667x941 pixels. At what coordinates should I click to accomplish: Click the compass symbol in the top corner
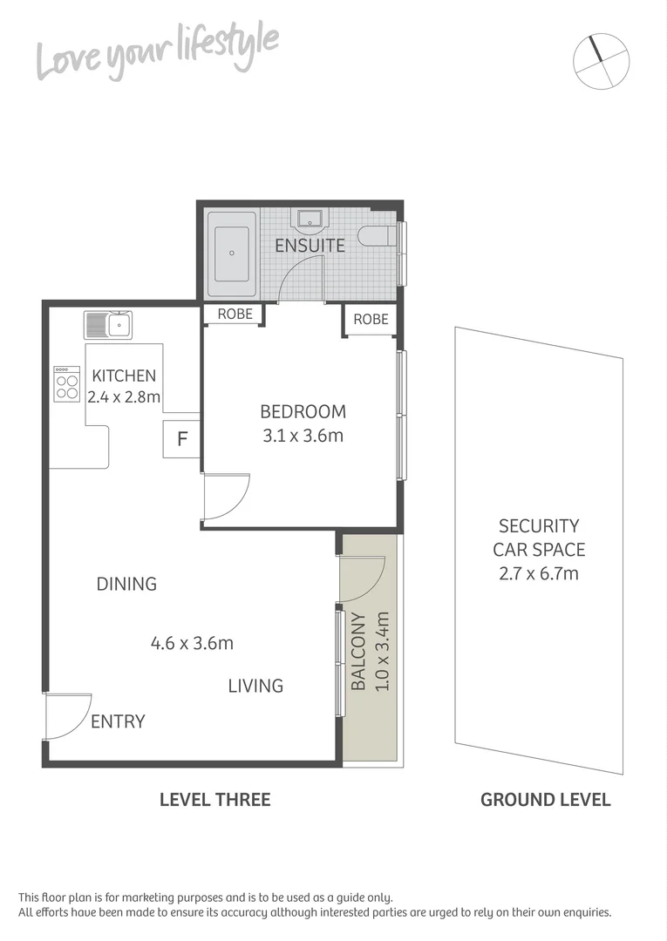(x=601, y=59)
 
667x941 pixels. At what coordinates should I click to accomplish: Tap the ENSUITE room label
(x=310, y=246)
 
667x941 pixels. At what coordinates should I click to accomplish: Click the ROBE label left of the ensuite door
(x=235, y=314)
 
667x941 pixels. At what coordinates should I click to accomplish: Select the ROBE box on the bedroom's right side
(x=371, y=320)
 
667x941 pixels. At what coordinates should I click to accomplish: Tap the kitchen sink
(x=108, y=325)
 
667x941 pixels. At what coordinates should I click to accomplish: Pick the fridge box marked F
(x=182, y=438)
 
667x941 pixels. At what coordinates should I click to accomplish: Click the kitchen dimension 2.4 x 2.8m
(x=124, y=397)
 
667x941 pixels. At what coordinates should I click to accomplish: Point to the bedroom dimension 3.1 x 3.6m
(x=303, y=436)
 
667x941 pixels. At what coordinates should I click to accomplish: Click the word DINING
(x=126, y=584)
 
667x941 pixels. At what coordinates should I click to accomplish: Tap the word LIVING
(x=255, y=686)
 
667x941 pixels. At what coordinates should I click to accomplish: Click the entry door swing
(x=68, y=715)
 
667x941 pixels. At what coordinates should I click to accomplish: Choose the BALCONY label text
(x=358, y=652)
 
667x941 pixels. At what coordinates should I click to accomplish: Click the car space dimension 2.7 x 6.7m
(x=539, y=573)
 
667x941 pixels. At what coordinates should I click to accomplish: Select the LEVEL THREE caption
(x=214, y=799)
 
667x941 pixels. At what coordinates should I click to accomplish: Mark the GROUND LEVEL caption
(x=545, y=799)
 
